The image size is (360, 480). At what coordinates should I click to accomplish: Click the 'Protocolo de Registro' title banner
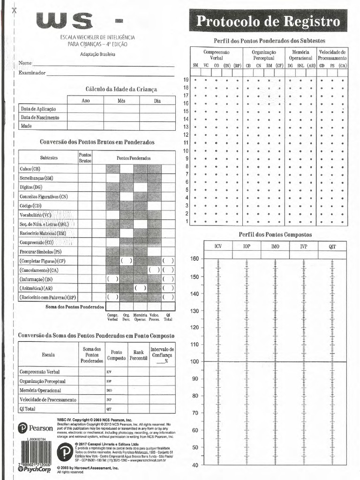[268, 22]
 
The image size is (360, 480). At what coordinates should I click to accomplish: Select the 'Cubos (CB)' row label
[30, 169]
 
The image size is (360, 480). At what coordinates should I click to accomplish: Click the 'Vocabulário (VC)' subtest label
[36, 215]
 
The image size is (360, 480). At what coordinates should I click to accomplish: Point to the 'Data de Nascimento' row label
[43, 117]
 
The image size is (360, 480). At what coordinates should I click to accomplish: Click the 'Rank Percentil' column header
[138, 355]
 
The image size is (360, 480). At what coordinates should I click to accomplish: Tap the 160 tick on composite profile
[195, 259]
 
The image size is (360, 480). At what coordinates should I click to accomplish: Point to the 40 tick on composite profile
[195, 465]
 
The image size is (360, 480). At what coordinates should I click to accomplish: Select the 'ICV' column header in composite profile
[218, 246]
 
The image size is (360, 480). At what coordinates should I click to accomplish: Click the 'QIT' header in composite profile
[332, 246]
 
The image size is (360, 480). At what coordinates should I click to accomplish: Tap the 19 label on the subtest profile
[186, 80]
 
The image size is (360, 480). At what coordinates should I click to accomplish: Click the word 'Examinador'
[32, 73]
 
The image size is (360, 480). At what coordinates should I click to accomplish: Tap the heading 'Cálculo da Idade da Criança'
[121, 89]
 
